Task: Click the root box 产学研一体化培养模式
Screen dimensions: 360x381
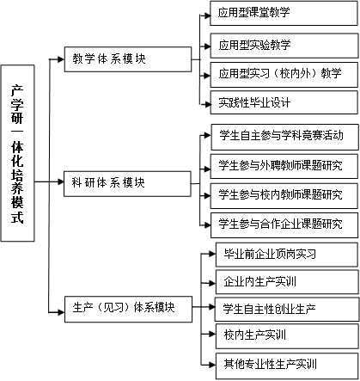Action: click(x=18, y=153)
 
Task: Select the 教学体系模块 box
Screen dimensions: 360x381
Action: click(x=128, y=59)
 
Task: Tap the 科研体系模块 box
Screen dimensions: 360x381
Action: click(x=127, y=184)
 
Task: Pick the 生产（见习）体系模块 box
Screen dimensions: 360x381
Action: click(x=129, y=310)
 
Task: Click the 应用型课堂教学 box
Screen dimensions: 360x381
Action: click(x=284, y=13)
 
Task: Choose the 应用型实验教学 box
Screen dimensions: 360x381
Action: click(x=284, y=46)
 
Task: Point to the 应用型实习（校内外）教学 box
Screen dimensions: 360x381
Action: click(x=284, y=75)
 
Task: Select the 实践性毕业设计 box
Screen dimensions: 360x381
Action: click(x=284, y=102)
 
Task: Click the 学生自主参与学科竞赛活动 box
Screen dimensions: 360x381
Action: click(x=284, y=137)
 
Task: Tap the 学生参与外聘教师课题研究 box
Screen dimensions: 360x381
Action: click(x=284, y=166)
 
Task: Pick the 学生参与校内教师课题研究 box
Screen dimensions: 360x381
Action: click(x=284, y=196)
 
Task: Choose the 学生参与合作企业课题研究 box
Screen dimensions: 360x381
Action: click(x=284, y=225)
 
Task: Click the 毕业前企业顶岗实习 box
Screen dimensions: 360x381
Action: click(x=287, y=255)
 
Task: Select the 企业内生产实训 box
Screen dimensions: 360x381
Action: click(x=287, y=282)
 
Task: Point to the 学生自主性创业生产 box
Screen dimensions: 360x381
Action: click(x=287, y=310)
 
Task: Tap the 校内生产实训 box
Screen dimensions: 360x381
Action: click(x=287, y=336)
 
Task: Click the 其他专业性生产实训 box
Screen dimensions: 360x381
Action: click(x=287, y=366)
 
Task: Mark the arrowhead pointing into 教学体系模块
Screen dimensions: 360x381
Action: click(x=61, y=59)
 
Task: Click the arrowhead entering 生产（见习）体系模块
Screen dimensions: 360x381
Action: click(x=61, y=312)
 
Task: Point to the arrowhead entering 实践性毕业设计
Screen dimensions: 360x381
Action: click(x=207, y=104)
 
